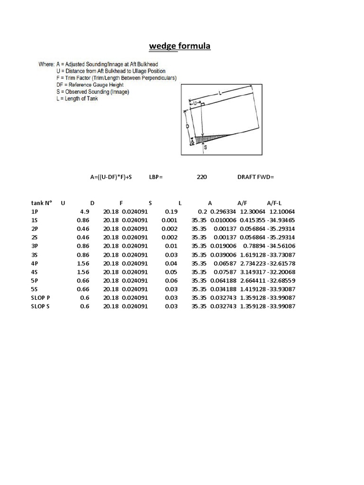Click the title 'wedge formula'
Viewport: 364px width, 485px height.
(x=180, y=46)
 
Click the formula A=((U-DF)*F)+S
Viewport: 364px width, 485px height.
(x=111, y=177)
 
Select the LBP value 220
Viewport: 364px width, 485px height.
(x=201, y=177)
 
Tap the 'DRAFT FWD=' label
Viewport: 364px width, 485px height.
(x=255, y=177)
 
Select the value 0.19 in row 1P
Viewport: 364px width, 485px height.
(x=171, y=212)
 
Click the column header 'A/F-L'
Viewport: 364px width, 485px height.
(x=274, y=203)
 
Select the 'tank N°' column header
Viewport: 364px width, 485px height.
(x=41, y=203)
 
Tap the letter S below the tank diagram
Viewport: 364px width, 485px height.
(x=205, y=147)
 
